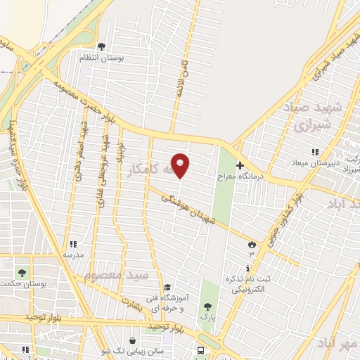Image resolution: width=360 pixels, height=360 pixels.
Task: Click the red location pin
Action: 181,165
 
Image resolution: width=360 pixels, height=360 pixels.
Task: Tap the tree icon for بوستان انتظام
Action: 102,46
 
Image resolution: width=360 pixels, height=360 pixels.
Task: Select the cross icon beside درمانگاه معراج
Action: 239,165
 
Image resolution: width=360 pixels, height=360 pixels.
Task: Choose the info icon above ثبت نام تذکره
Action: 247,269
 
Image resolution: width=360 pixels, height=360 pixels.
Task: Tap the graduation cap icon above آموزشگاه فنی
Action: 167,288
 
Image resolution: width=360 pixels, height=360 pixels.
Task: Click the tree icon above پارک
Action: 207,306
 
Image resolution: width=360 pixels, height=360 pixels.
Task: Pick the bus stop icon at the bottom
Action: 202,350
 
